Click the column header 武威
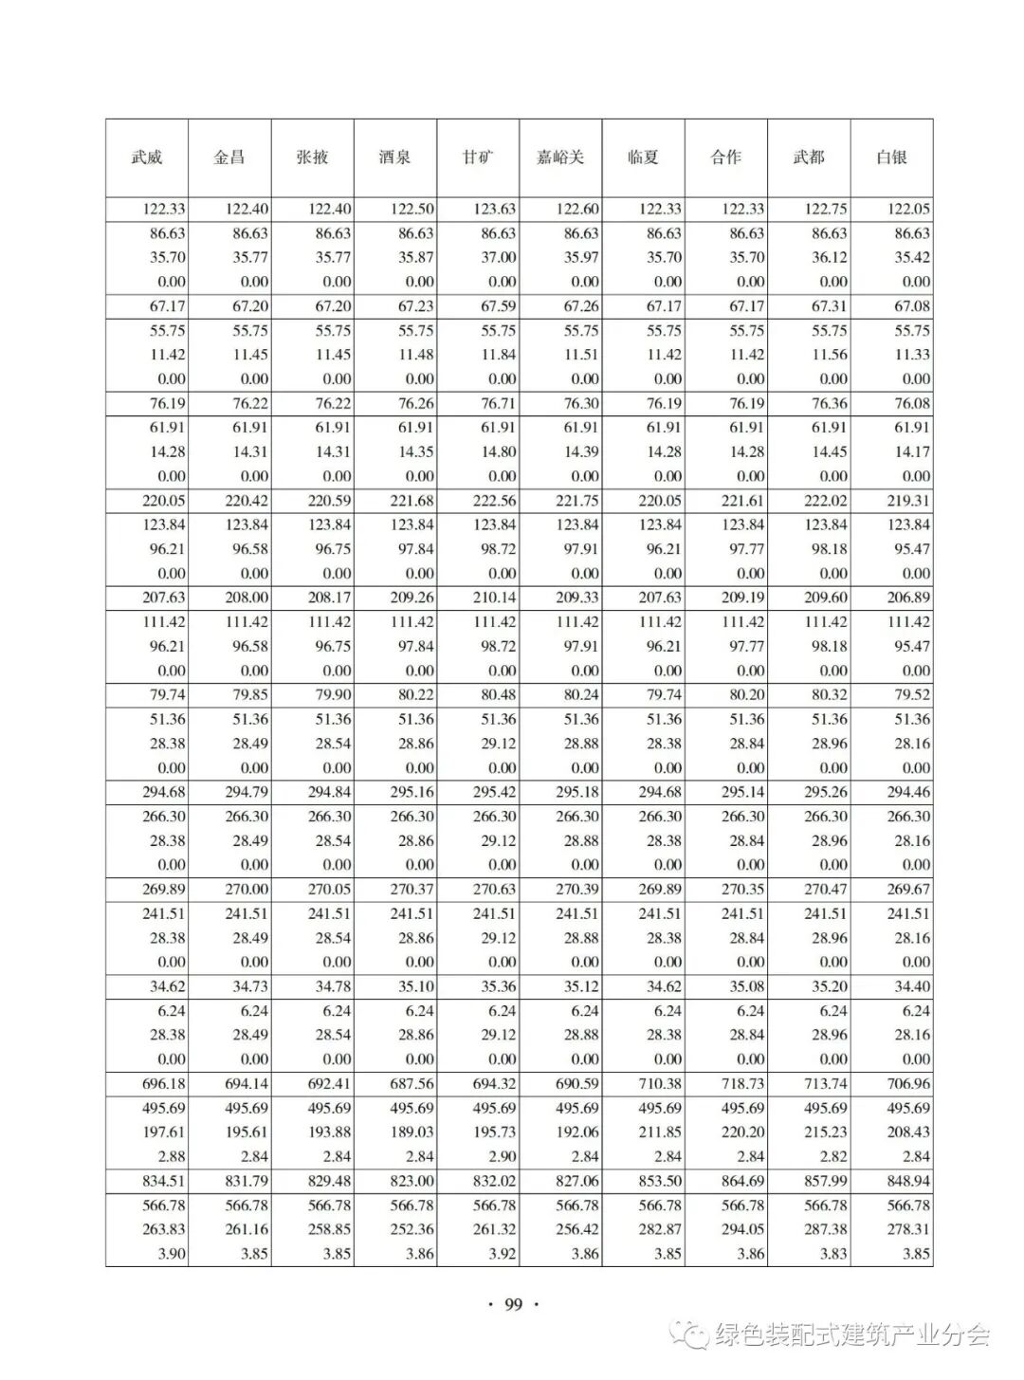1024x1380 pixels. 147,157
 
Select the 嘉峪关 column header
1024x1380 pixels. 560,157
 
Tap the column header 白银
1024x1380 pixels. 891,157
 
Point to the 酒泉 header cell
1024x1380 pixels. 394,157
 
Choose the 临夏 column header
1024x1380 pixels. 643,157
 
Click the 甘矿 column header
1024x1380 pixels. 478,157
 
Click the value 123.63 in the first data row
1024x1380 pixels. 495,209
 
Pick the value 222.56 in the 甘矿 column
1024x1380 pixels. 495,501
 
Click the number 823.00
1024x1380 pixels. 412,1181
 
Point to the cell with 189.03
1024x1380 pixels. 412,1132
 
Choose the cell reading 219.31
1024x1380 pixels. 908,501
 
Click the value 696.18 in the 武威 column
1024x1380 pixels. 164,1083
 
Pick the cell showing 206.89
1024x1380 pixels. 908,598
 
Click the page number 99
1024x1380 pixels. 513,1304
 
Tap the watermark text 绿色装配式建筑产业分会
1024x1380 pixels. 851,1335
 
